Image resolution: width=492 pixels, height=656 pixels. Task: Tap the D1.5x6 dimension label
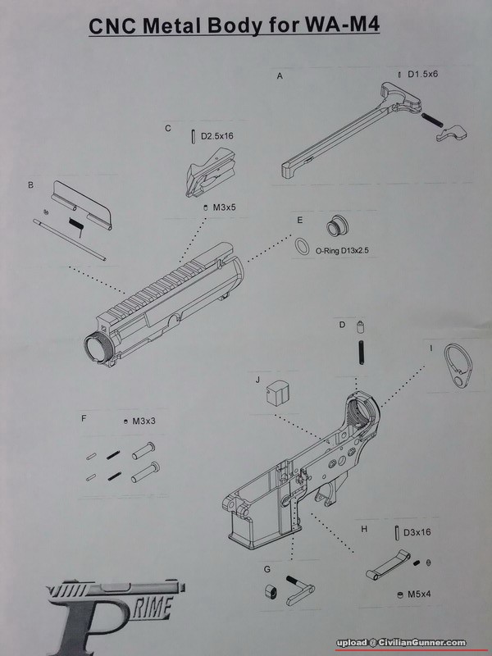pos(422,75)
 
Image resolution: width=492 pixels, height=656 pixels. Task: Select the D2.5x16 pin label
pos(216,136)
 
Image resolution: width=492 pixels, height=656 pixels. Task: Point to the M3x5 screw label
pos(225,207)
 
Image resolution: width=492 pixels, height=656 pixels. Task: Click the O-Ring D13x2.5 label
pos(342,252)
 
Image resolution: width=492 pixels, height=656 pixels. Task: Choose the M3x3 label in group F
pos(144,421)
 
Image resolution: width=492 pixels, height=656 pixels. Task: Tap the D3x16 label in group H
pos(417,532)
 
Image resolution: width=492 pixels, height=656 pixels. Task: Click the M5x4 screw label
pos(419,594)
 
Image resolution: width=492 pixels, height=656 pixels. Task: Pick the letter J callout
pos(257,380)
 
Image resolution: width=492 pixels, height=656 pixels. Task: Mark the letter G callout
pos(267,569)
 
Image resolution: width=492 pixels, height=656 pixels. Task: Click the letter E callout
pos(299,220)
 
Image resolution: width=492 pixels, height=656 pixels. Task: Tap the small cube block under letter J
pos(279,393)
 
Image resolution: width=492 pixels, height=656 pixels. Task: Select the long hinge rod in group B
pos(69,239)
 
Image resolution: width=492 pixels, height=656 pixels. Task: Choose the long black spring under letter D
pos(362,353)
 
